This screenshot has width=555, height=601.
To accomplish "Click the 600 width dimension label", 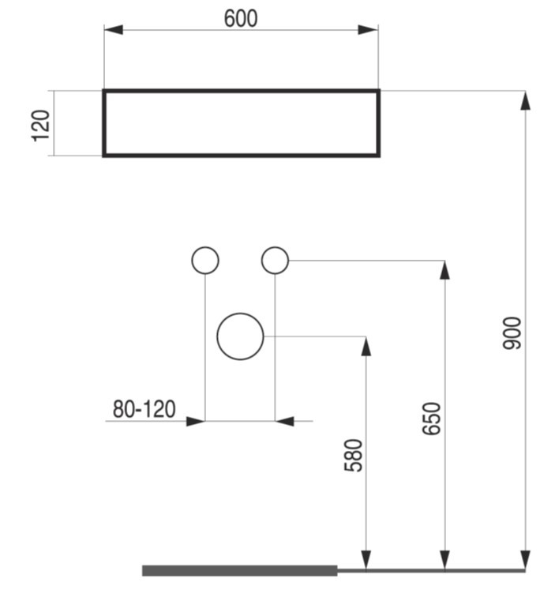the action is tap(241, 18).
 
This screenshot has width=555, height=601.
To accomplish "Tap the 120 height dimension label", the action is tap(40, 126).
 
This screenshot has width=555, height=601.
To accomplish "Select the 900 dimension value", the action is tap(512, 333).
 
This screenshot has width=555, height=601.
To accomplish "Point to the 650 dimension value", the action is tap(432, 419).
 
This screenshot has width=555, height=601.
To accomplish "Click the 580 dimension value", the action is tap(354, 456).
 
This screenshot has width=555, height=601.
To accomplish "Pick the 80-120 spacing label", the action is tap(144, 409).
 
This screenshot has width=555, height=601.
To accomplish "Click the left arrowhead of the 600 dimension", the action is tap(114, 29).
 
